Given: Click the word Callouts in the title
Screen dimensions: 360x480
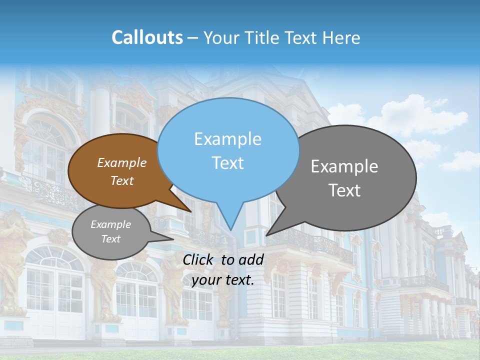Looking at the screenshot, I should pos(147,38).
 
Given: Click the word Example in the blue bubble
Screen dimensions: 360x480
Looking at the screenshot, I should pos(227,139).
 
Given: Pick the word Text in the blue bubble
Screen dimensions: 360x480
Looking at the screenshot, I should pos(227,163).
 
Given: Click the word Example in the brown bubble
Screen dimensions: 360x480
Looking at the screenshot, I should pos(122,163).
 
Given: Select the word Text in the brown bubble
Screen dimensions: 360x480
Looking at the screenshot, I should pos(122,180).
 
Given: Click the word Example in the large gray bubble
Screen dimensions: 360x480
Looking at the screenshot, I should pos(344,166).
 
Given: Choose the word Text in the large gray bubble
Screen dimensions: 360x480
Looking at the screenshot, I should pos(344,190).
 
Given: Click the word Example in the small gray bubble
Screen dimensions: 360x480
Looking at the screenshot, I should pos(110,224).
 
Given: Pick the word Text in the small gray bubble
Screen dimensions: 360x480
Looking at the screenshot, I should pos(110,239).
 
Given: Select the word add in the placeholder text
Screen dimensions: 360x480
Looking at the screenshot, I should pos(251,259).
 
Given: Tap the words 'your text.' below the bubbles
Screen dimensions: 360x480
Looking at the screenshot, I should pos(223,280).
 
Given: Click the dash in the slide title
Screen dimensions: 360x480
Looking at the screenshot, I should pos(193,38).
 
